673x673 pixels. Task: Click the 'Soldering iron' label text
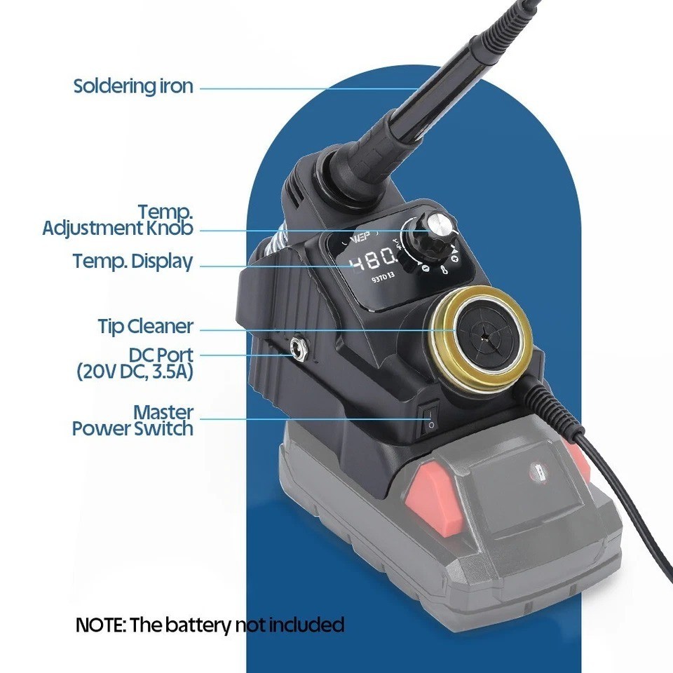[x=132, y=87]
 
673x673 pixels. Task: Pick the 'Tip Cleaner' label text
[x=144, y=327]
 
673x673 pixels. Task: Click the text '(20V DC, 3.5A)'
[x=134, y=372]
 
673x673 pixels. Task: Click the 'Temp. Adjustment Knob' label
[x=118, y=219]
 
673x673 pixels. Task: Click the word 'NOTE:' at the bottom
[x=100, y=625]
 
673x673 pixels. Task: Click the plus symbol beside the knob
[x=454, y=260]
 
